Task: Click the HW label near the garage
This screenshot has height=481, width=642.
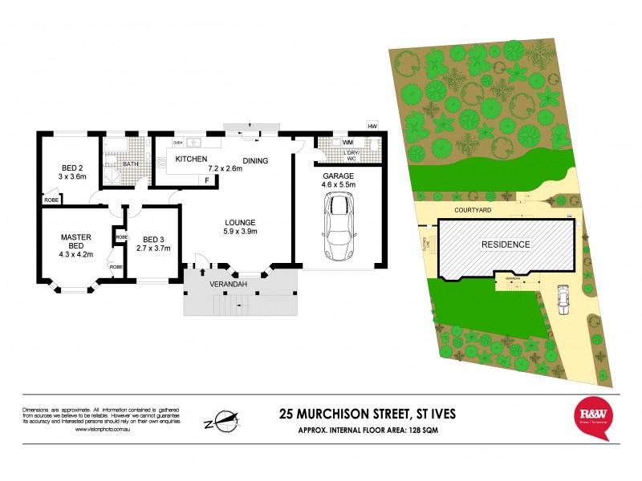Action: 372,127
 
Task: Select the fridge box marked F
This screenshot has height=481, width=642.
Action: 207,180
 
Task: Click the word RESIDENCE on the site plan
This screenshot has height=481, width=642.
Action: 506,245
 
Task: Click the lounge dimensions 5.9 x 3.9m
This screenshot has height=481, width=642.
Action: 240,232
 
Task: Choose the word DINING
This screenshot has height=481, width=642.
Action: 255,161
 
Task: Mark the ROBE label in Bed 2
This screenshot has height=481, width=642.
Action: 51,200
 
